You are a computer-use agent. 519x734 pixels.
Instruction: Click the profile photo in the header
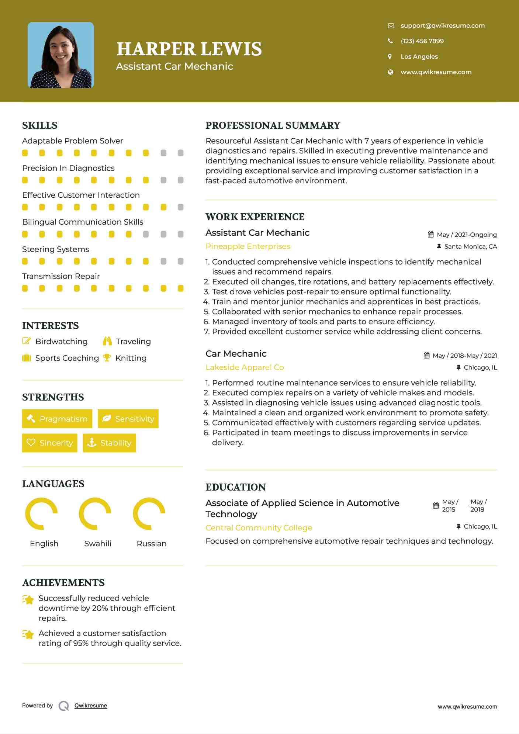coord(61,55)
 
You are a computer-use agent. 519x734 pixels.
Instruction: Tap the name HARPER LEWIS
coord(189,49)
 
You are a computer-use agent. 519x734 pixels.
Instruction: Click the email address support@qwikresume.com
coord(442,25)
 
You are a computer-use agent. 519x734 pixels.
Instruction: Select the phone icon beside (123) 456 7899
coord(390,41)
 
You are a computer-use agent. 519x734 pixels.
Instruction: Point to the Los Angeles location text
coord(419,56)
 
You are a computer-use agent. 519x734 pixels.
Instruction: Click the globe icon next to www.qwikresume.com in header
coord(390,72)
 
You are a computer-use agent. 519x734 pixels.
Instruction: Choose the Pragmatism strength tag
coord(57,419)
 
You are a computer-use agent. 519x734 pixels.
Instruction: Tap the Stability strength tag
coord(109,443)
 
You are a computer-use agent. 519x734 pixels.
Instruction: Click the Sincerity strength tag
coord(50,443)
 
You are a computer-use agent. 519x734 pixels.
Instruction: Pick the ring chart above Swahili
coord(95,513)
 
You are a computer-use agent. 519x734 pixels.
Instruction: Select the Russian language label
coord(151,543)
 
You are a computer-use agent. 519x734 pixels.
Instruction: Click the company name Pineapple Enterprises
coord(248,246)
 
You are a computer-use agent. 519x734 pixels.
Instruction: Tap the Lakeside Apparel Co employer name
coord(245,367)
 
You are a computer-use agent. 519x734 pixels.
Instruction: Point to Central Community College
coord(259,527)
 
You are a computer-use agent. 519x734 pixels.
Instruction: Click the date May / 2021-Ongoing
coord(466,235)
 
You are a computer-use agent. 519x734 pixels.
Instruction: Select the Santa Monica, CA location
coord(470,246)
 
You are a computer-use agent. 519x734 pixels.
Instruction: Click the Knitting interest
coord(131,358)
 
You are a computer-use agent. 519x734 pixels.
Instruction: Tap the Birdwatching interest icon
coord(27,341)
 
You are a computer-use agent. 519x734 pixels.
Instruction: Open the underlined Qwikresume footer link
coord(91,705)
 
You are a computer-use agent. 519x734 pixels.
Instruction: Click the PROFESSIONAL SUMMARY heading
coord(273,125)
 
